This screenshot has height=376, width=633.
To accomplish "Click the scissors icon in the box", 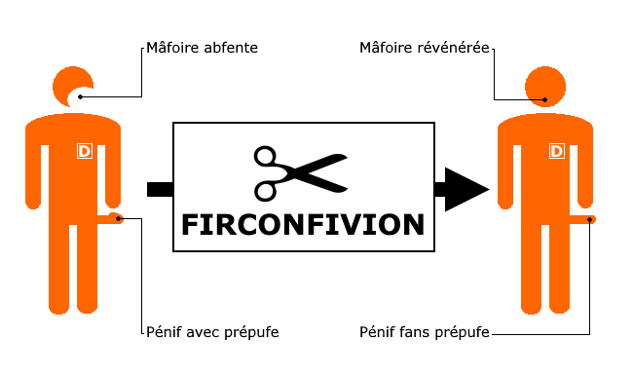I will tap(300, 171).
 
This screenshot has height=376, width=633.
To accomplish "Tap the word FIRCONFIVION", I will tap(304, 224).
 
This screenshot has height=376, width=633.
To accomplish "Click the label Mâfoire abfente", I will tap(202, 47).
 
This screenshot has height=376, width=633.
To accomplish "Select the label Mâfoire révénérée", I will tap(424, 47).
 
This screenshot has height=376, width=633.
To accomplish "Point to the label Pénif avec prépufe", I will tap(211, 332).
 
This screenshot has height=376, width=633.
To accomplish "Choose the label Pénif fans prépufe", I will tap(424, 332).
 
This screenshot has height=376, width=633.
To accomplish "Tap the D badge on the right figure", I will tap(557, 151).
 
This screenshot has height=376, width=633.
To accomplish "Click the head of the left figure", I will tap(72, 86).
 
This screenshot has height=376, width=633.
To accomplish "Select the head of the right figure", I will tap(545, 86).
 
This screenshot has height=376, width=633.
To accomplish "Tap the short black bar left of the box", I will tap(159, 188).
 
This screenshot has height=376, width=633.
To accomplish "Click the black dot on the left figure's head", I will tap(81, 96).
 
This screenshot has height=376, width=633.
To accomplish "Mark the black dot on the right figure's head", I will tap(546, 98).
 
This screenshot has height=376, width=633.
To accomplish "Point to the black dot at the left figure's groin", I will tap(120, 218).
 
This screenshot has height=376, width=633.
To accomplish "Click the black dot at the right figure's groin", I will tap(592, 218).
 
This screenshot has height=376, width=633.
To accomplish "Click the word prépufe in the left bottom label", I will tap(250, 333).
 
